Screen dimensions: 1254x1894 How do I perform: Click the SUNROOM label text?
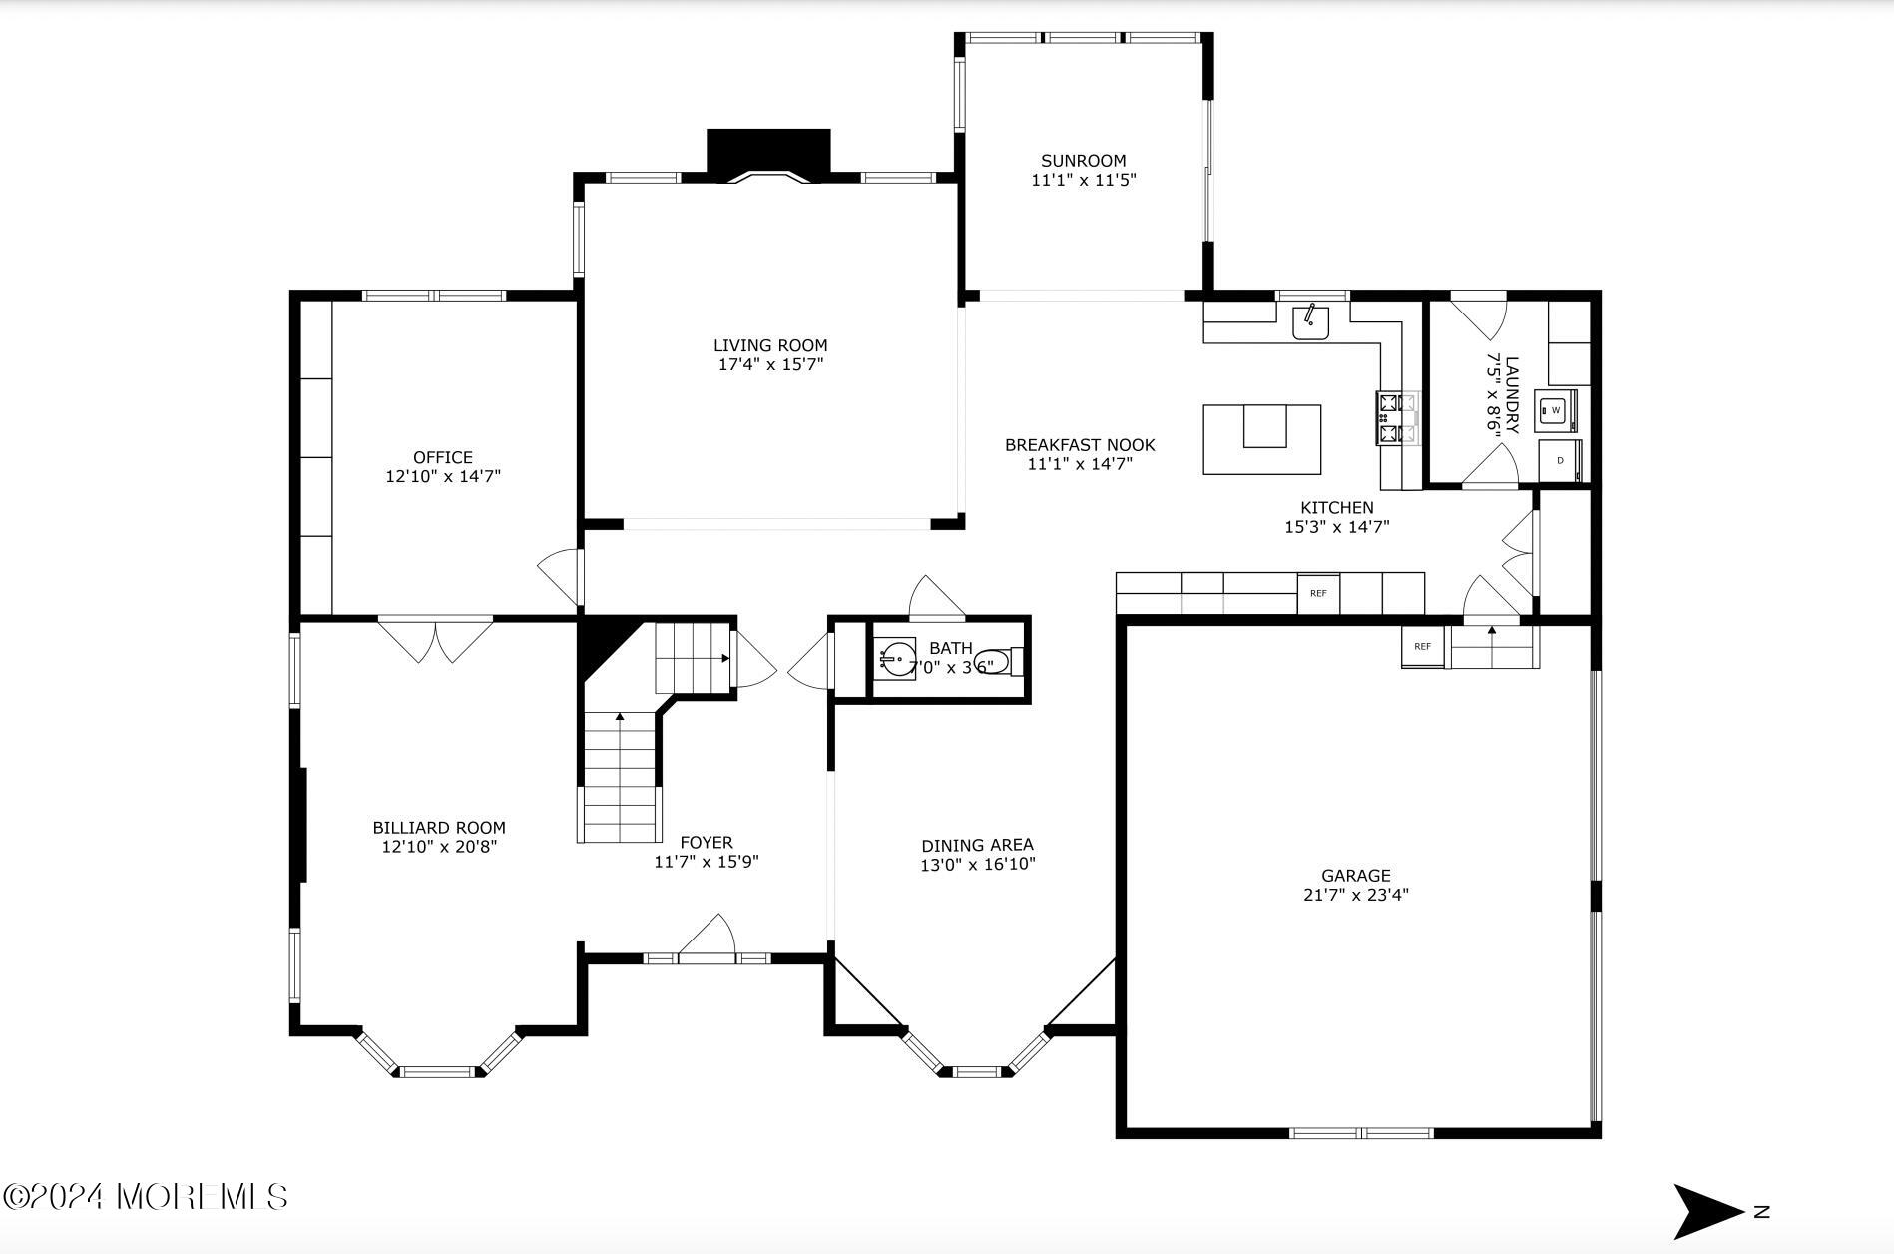pos(1083,161)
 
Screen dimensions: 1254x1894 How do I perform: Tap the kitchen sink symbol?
pos(1310,322)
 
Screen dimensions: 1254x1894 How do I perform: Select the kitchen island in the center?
pos(1261,439)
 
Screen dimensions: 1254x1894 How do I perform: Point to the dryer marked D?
pos(1559,461)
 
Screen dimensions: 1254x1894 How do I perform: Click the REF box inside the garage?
pos(1422,647)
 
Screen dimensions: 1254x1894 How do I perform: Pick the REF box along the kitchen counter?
pos(1318,594)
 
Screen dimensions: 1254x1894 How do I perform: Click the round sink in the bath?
pos(895,660)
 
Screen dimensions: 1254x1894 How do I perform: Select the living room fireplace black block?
pos(768,153)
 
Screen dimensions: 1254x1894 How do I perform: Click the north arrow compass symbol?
pos(1708,1211)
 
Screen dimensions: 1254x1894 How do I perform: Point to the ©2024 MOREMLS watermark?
pos(147,1196)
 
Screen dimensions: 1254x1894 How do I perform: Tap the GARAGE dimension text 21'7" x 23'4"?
pos(1355,896)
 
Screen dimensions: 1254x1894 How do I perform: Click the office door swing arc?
pos(559,577)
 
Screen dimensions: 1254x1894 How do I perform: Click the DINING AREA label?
pos(977,845)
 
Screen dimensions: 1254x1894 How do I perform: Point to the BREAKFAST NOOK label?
pos(1079,445)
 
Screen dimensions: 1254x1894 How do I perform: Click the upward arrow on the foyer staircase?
pos(620,717)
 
